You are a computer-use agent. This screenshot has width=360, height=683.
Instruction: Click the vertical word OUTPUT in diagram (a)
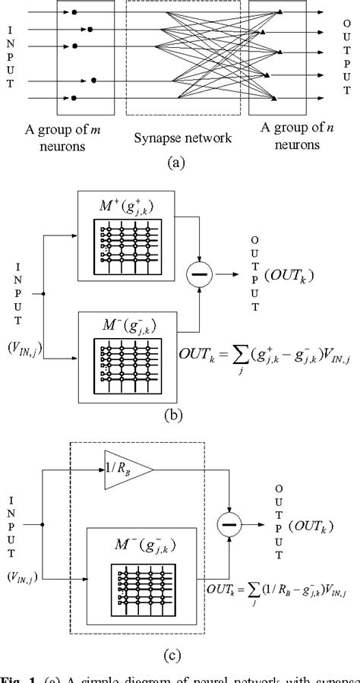(348, 55)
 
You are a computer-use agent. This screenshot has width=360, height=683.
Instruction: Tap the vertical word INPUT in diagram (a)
(10, 57)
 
